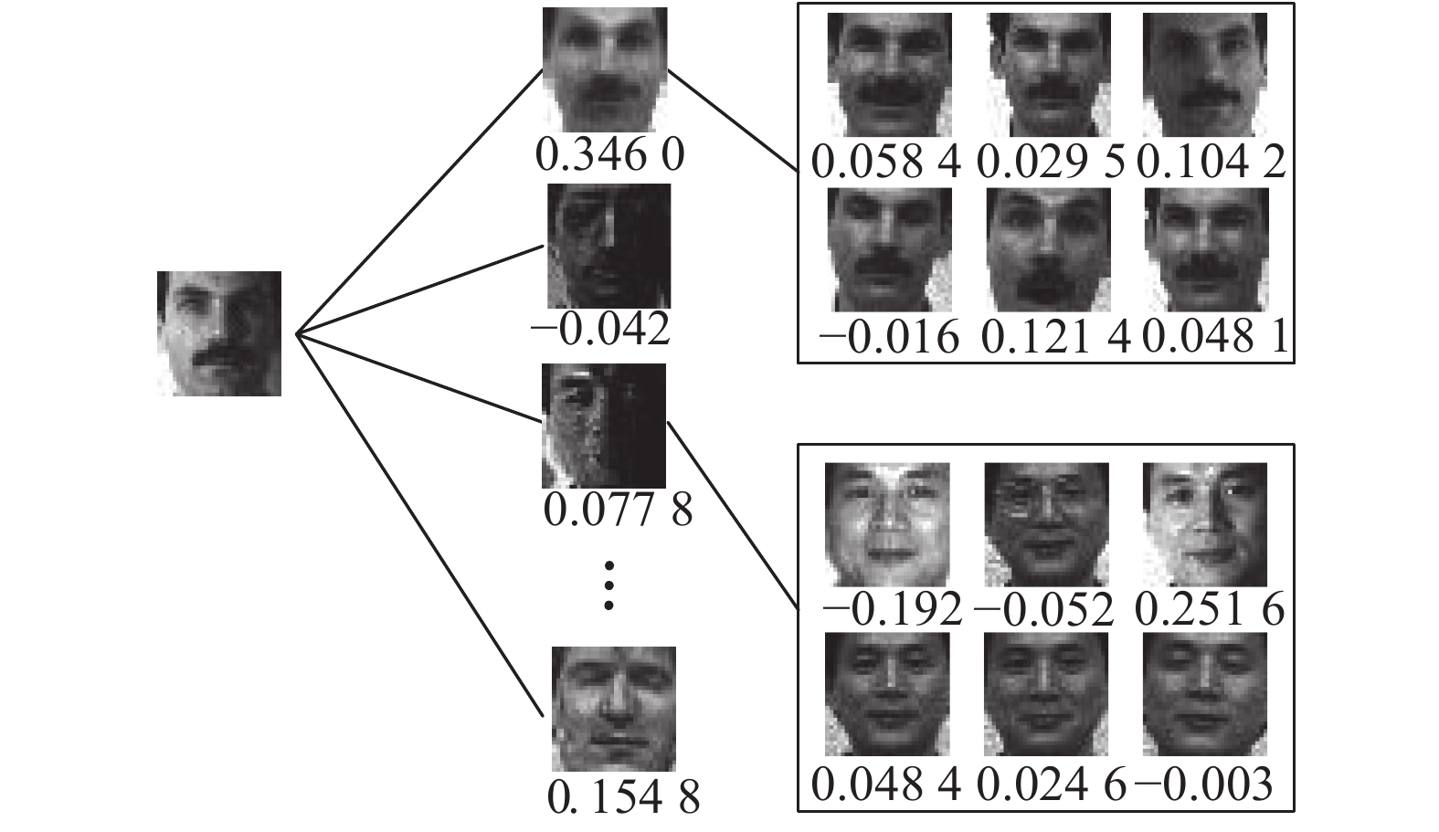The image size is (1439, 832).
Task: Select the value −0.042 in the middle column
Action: coord(600,330)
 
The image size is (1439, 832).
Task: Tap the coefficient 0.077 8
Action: coord(618,509)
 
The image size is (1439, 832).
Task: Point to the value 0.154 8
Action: coord(624,796)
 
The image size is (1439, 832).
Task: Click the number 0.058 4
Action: coord(886,163)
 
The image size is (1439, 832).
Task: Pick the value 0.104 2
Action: coord(1211,163)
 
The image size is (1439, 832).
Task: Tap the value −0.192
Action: coord(892,608)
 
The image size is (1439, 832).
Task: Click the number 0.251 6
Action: coord(1212,608)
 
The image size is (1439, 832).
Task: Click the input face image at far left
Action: coord(219,333)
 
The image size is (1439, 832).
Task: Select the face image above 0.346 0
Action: coord(605,69)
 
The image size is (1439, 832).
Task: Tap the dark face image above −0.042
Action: coord(608,247)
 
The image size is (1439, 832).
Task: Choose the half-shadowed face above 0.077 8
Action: coord(604,426)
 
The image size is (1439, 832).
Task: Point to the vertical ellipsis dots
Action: coord(609,585)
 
